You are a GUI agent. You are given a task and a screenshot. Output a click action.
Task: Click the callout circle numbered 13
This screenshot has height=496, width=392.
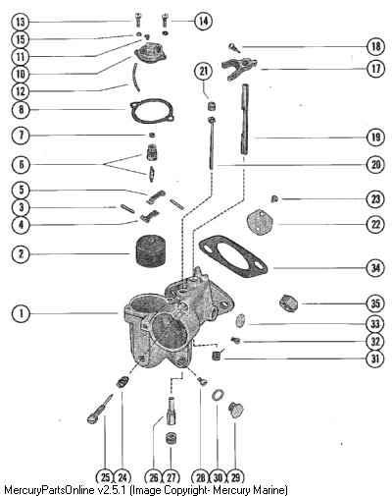tap(21, 23)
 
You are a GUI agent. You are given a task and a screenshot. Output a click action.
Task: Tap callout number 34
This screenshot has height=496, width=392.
tap(375, 268)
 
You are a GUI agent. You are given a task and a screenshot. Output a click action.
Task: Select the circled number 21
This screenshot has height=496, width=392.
tap(204, 71)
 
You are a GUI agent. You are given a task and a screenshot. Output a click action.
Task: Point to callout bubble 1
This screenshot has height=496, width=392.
tap(22, 313)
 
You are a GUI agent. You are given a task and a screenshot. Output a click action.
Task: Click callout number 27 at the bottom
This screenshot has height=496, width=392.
tap(171, 477)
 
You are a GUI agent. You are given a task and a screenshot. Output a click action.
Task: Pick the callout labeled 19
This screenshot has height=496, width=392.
tap(375, 137)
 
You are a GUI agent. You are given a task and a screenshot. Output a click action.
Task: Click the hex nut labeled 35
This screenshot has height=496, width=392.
tap(289, 303)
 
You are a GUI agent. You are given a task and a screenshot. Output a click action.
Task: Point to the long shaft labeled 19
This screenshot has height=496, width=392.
tap(245, 119)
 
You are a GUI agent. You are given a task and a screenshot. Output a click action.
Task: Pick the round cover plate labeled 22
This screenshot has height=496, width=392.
tap(260, 224)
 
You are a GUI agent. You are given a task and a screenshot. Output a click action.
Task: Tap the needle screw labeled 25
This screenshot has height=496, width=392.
tap(99, 410)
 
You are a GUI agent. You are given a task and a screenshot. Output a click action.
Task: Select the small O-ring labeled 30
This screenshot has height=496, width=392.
tap(218, 395)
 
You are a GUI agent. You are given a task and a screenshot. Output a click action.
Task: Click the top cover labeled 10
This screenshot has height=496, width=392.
tap(151, 54)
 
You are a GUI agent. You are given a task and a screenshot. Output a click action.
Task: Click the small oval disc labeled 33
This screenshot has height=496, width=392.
tap(241, 320)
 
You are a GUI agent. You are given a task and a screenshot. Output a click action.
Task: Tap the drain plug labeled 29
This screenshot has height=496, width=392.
tap(236, 411)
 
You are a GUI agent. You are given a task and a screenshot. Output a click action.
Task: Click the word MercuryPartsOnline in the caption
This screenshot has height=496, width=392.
tap(49, 490)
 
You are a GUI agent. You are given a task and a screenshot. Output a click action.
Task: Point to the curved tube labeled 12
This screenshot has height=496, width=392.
tap(136, 79)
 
